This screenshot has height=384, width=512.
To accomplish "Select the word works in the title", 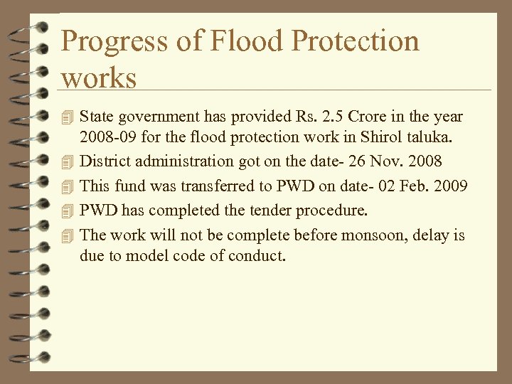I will (99, 78).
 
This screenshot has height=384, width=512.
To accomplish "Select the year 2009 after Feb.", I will (450, 186).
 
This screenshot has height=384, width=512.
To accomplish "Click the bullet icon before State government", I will (68, 116).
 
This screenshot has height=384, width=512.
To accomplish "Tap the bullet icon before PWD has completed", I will (68, 210).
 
